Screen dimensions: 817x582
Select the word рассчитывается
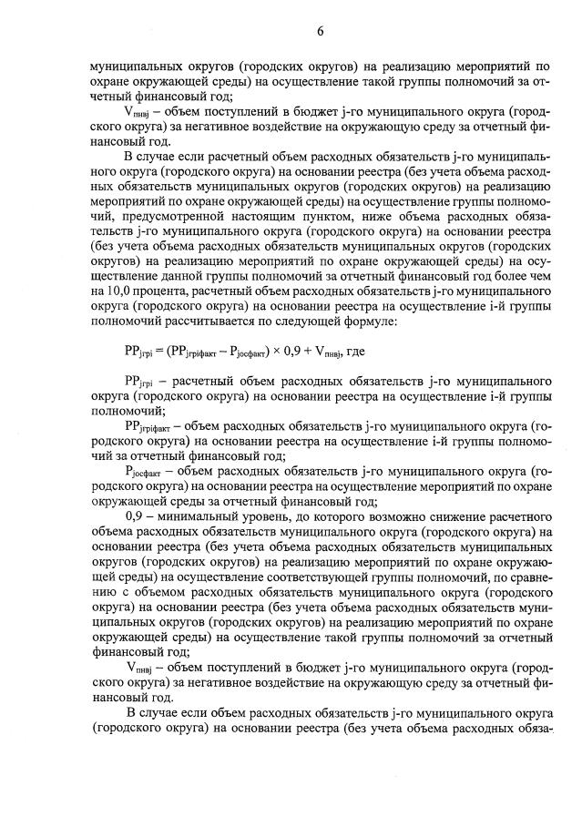(214, 323)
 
